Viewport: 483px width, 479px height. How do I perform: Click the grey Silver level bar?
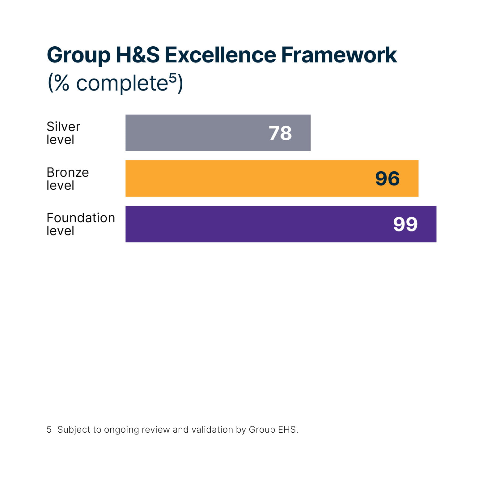tap(198, 133)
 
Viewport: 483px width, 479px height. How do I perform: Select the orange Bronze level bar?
tap(247, 178)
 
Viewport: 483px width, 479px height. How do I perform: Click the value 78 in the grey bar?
tap(280, 133)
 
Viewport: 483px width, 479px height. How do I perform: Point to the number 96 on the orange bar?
tap(388, 179)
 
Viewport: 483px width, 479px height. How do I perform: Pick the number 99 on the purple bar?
tap(405, 224)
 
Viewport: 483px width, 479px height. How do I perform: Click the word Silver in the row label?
tap(63, 127)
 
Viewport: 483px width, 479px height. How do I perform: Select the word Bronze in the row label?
tap(68, 172)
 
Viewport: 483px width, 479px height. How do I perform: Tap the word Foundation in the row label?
tap(81, 218)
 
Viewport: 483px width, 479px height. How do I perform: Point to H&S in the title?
tap(138, 55)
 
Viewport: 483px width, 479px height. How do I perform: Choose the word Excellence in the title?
tap(220, 55)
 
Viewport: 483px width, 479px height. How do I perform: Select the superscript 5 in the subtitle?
tap(172, 78)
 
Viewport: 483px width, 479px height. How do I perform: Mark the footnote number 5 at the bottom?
tap(49, 430)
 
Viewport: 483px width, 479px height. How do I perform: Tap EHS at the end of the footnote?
tap(287, 430)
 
